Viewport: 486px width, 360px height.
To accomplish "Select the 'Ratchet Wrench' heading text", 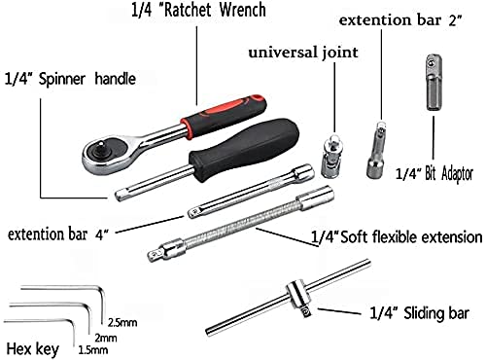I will click(204, 13).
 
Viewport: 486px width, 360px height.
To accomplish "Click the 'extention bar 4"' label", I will click(57, 234).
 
